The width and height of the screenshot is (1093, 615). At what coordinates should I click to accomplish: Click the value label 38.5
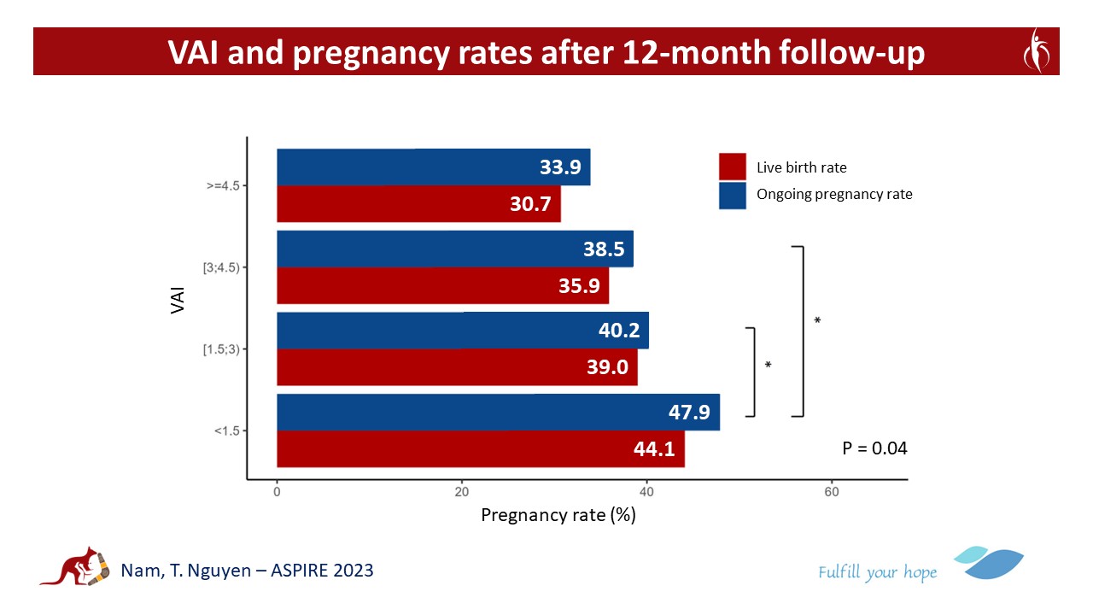603,249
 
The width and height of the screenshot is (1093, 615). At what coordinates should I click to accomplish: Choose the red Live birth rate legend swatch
733,167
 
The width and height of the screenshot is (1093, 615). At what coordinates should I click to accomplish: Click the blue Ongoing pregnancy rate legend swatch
733,195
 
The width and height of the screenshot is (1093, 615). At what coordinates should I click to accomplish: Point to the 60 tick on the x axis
831,493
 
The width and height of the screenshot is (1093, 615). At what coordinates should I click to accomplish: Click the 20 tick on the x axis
461,493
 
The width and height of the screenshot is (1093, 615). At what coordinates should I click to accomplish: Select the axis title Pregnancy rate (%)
558,515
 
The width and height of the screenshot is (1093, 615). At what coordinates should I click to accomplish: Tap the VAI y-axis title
178,300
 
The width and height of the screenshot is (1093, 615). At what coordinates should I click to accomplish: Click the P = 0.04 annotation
874,448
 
